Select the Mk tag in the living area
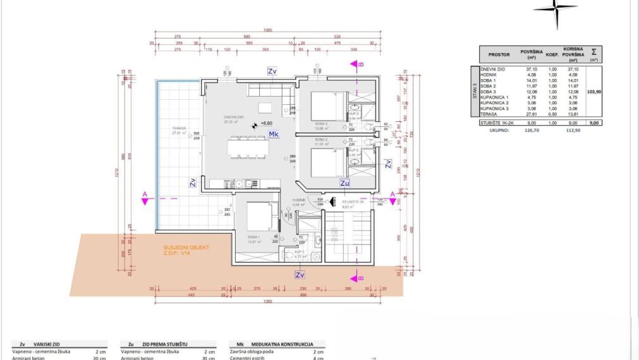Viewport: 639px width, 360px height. click(274, 135)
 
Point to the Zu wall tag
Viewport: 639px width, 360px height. click(344, 183)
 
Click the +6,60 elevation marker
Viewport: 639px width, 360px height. click(266, 124)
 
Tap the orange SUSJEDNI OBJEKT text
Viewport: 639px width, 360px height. click(186, 248)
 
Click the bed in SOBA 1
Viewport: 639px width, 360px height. click(261, 216)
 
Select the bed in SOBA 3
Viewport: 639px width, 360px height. click(329, 105)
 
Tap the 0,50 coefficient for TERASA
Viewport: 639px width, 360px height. click(552, 115)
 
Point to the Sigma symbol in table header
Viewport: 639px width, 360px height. click(593, 52)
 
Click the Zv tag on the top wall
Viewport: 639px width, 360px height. click(272, 71)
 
